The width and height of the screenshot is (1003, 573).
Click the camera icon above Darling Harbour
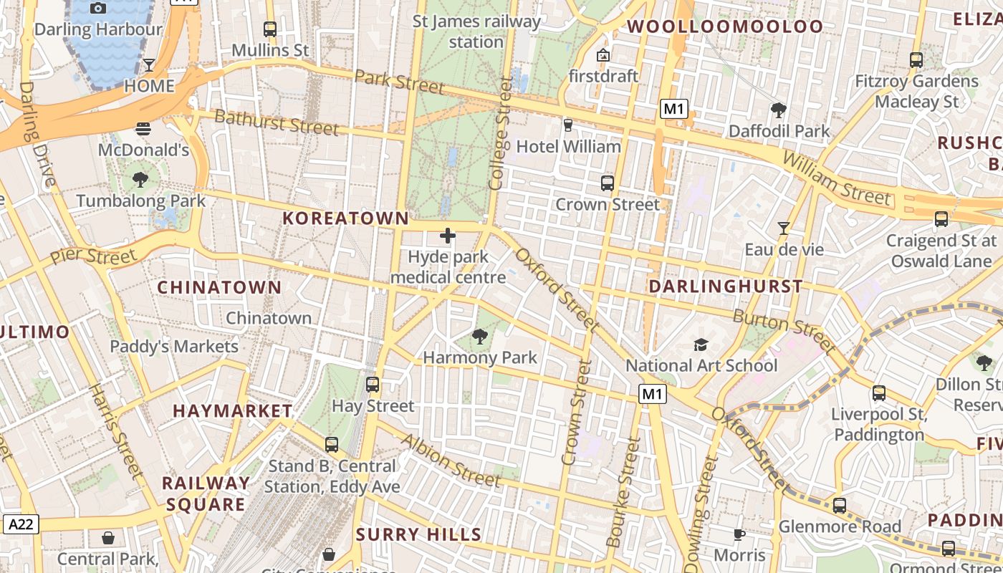click(99, 8)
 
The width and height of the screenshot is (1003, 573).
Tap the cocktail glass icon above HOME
click(149, 65)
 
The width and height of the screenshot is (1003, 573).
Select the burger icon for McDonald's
click(143, 129)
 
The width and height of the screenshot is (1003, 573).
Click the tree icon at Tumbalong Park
click(140, 180)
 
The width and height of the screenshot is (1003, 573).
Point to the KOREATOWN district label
click(346, 218)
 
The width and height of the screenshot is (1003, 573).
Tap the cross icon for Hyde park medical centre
click(448, 236)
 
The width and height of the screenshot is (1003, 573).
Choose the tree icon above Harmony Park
click(480, 336)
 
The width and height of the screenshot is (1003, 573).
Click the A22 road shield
click(20, 524)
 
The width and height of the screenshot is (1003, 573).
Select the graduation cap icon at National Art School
click(701, 345)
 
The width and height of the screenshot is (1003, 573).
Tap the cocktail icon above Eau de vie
click(784, 228)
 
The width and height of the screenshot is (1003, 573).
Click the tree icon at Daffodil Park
click(779, 110)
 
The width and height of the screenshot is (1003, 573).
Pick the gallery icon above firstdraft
click(603, 55)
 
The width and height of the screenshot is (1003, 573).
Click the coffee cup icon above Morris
click(739, 534)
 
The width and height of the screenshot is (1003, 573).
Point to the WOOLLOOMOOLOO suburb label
click(726, 27)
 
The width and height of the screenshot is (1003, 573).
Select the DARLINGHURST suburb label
click(726, 286)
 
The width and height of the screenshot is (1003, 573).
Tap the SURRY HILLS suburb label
click(418, 534)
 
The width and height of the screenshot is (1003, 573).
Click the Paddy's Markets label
click(174, 347)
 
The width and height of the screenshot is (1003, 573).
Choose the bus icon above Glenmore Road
click(840, 506)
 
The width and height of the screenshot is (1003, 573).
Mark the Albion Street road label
click(451, 461)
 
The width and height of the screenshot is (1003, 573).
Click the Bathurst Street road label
click(277, 122)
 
